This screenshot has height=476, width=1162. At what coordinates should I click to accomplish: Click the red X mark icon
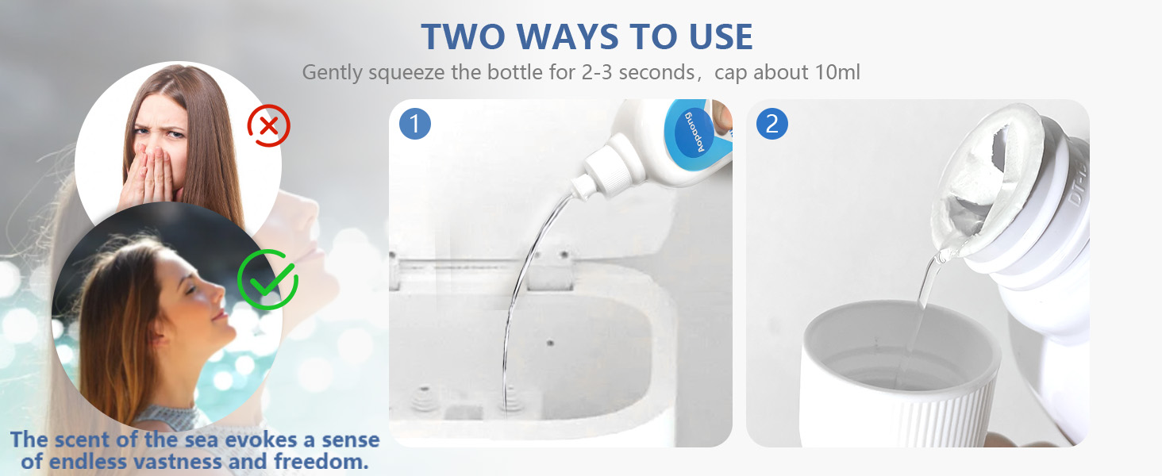click(x=269, y=125)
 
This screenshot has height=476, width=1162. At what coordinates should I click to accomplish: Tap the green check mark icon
click(x=267, y=279)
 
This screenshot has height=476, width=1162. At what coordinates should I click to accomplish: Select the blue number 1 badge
click(x=414, y=124)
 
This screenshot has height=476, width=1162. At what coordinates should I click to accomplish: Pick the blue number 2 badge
click(x=772, y=124)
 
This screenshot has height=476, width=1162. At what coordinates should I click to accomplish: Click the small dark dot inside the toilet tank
click(x=549, y=344)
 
